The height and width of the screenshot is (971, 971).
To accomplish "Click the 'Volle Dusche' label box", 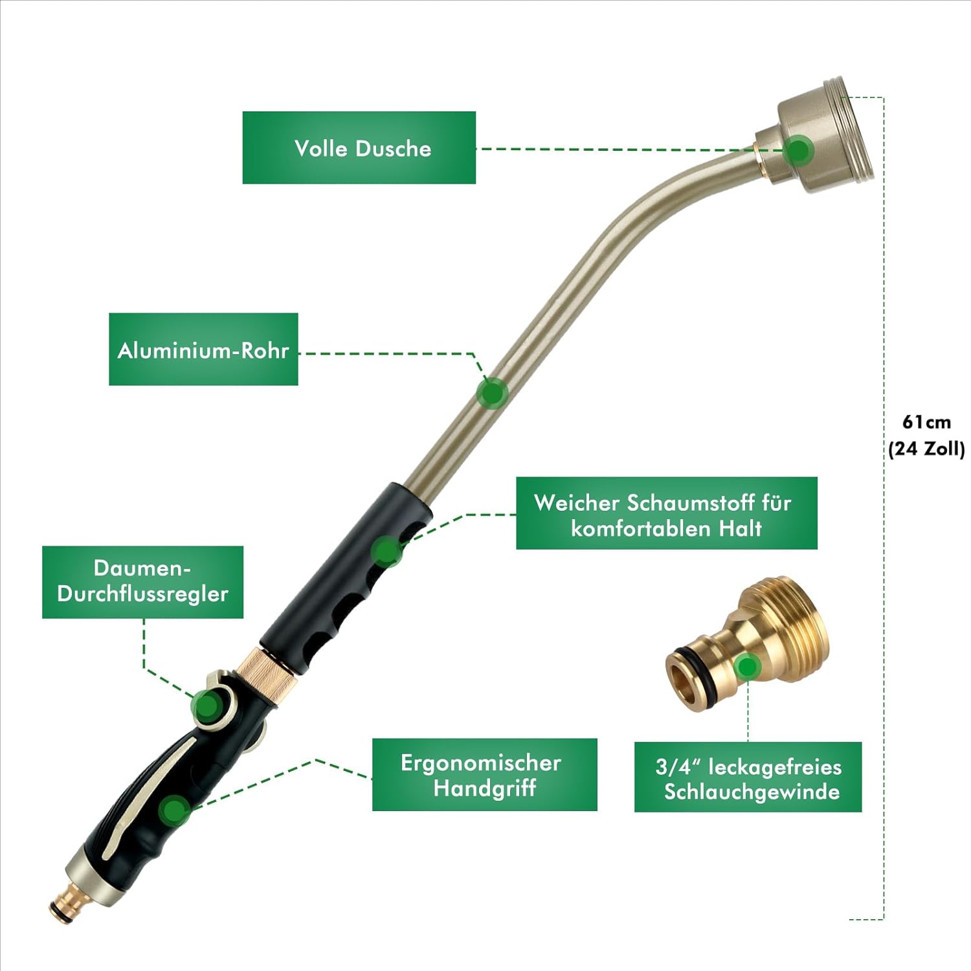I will click(x=359, y=148).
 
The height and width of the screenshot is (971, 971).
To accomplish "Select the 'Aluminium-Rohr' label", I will click(x=203, y=350).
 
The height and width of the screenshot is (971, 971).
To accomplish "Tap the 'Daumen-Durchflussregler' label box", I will click(x=142, y=581).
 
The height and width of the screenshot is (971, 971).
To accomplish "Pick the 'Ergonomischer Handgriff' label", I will click(x=484, y=774).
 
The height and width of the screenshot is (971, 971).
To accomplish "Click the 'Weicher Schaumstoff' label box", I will click(x=666, y=513).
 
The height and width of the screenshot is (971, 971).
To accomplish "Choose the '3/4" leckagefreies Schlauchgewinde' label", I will click(x=748, y=777).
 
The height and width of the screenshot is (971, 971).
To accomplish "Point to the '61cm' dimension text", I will click(x=926, y=422).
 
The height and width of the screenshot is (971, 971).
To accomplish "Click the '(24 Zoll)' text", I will click(x=926, y=449).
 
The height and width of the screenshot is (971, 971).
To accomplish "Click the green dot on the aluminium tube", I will click(x=492, y=392).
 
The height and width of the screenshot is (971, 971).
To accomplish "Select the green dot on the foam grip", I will click(x=387, y=551).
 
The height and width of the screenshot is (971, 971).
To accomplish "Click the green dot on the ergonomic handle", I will click(x=174, y=810).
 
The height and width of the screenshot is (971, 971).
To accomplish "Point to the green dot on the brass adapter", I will click(x=748, y=666).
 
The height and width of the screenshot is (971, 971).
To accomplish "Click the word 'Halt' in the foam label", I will click(x=740, y=528).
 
